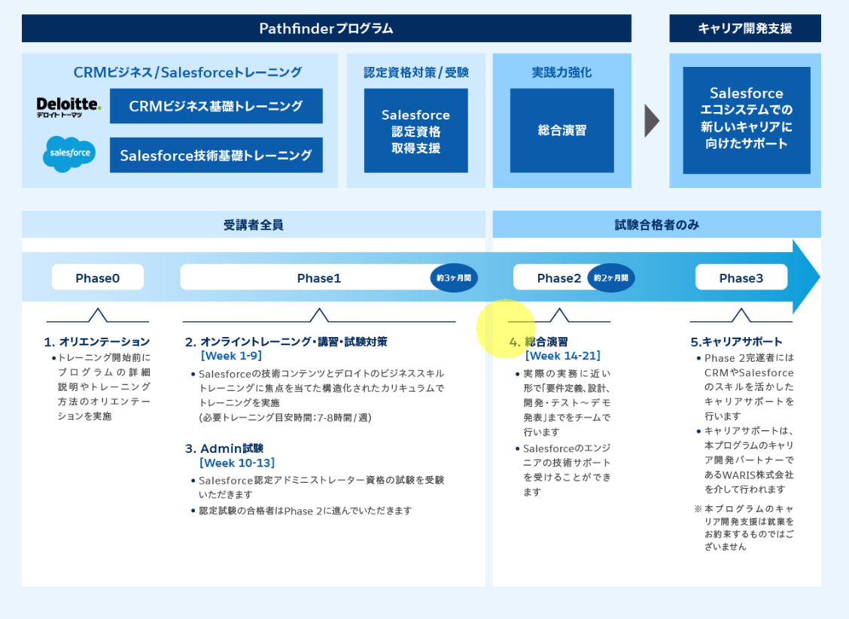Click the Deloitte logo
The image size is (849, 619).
[x=68, y=106]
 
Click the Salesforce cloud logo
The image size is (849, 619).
[x=69, y=153]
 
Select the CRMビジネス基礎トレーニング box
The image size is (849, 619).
[x=216, y=106]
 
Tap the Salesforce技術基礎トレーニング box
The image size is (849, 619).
[x=216, y=155]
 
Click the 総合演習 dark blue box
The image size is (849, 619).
[x=561, y=130]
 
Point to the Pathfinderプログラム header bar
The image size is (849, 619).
[x=326, y=29]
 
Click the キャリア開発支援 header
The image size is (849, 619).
[x=744, y=29]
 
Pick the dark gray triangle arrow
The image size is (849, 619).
[x=652, y=121]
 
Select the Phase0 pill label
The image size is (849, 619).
[x=97, y=278]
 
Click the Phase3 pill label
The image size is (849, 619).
[x=741, y=278]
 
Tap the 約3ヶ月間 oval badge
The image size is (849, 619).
[x=454, y=278]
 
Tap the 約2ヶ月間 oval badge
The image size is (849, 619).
[x=610, y=278]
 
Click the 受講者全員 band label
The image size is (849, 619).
[x=253, y=224]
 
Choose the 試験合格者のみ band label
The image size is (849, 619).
[x=656, y=224]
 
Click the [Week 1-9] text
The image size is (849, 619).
[x=231, y=356]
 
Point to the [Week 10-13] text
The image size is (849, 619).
[x=237, y=463]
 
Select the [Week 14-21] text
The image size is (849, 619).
[x=562, y=356]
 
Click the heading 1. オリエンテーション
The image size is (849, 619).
[x=97, y=341]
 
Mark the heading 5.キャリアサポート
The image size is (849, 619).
[x=736, y=341]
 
